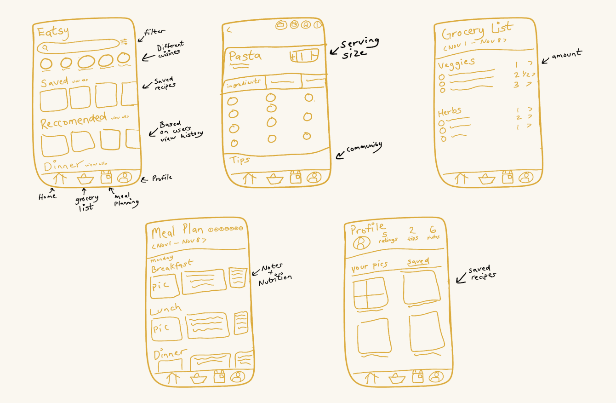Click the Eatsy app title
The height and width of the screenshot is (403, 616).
tap(53, 33)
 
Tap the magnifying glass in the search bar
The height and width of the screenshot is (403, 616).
tap(45, 47)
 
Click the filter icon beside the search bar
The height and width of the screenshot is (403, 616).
tap(124, 42)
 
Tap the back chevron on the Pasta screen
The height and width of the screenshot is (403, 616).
tap(229, 30)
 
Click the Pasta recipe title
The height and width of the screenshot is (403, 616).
tap(245, 57)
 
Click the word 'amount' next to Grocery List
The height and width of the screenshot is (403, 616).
tap(567, 55)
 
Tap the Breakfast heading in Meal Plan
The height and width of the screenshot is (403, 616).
tap(172, 266)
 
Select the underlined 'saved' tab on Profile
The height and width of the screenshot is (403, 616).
tap(418, 262)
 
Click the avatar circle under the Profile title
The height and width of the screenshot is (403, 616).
tap(362, 242)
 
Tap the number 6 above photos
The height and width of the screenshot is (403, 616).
tap(433, 230)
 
